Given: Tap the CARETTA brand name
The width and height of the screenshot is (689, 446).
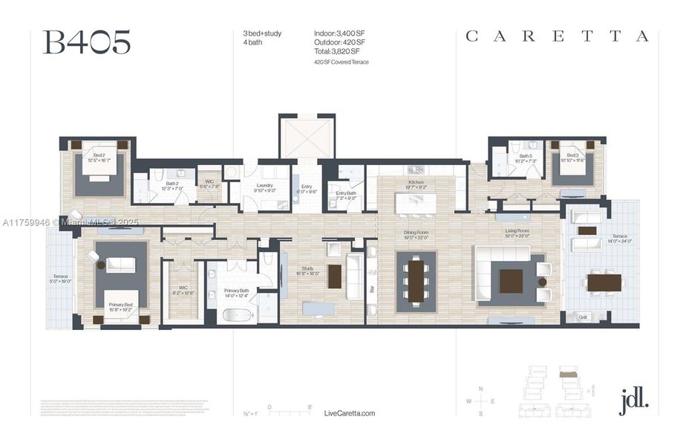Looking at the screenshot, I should pyautogui.click(x=557, y=36).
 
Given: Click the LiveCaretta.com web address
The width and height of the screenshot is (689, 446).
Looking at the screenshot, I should pyautogui.click(x=350, y=413).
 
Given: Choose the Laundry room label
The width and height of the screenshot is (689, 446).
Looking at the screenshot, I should pyautogui.click(x=265, y=187).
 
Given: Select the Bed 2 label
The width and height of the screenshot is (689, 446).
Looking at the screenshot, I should pyautogui.click(x=97, y=157).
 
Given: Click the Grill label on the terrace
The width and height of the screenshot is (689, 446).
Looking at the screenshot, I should pyautogui.click(x=582, y=317).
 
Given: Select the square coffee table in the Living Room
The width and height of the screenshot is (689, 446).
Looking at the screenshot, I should pyautogui.click(x=511, y=281).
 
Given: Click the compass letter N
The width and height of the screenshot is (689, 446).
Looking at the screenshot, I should pyautogui.click(x=481, y=389).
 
